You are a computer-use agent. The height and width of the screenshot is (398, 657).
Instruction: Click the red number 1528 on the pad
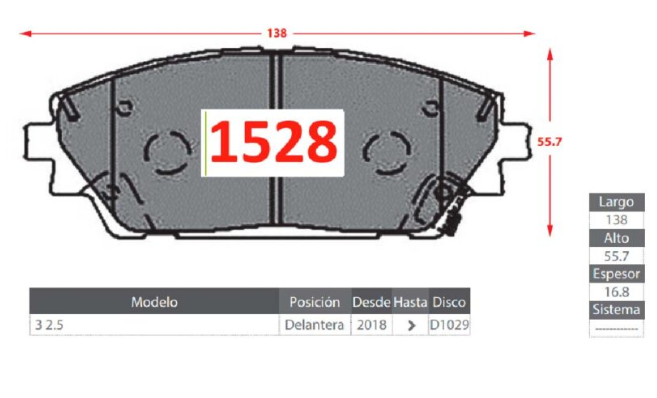(x=274, y=141)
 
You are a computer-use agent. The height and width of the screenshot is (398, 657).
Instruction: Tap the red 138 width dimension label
(x=277, y=33)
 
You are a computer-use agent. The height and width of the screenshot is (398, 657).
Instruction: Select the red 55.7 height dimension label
(x=549, y=142)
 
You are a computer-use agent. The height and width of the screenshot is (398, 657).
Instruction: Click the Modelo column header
(x=154, y=302)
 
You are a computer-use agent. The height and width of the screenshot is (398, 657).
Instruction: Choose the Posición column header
(x=315, y=302)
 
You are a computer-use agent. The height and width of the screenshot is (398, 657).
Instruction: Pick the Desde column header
(x=371, y=302)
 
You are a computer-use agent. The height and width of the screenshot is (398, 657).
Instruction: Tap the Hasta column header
(x=410, y=302)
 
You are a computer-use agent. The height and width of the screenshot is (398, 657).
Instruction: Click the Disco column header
(x=449, y=302)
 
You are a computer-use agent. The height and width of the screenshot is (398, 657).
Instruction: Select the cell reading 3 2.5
(x=49, y=325)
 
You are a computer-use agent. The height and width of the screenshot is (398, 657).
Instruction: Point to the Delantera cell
(x=314, y=325)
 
